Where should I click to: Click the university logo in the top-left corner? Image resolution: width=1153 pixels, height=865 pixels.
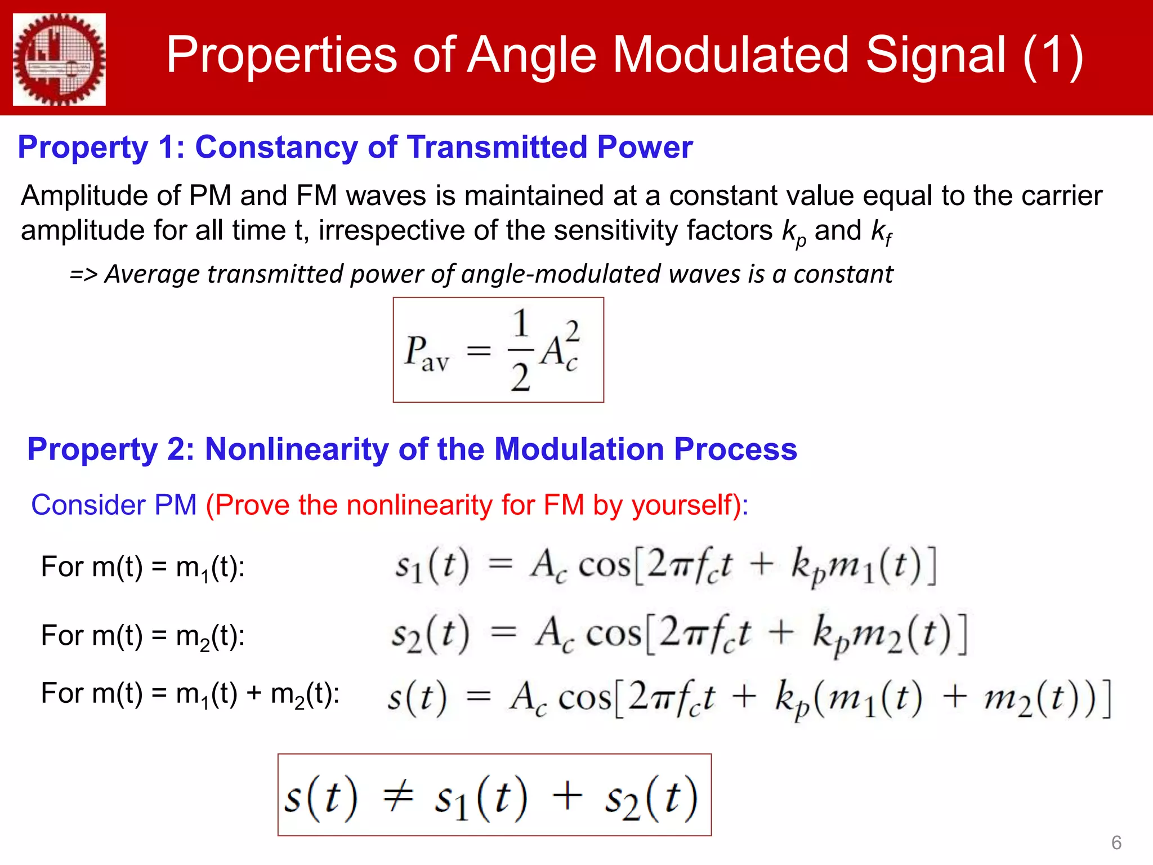(x=59, y=59)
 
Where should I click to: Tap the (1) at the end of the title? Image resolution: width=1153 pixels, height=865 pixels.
(x=1052, y=56)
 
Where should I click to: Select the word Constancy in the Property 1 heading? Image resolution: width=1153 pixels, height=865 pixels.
(x=276, y=148)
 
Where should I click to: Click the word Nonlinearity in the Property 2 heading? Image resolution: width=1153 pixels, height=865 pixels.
(x=296, y=449)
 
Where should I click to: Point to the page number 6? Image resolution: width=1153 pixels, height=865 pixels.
(x=1116, y=843)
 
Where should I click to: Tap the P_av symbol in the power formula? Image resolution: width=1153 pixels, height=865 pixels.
(x=426, y=354)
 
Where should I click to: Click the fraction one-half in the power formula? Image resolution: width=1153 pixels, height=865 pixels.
(x=521, y=350)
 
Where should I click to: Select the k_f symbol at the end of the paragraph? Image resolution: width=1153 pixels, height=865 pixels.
(x=882, y=231)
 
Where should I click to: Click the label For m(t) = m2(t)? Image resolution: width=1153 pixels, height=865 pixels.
(x=142, y=636)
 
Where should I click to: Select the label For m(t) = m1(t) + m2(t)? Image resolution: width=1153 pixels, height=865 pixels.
(x=190, y=694)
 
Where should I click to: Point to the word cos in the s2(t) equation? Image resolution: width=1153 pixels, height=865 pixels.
(x=613, y=635)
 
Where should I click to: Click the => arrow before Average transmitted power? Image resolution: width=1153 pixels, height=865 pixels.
(x=83, y=275)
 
